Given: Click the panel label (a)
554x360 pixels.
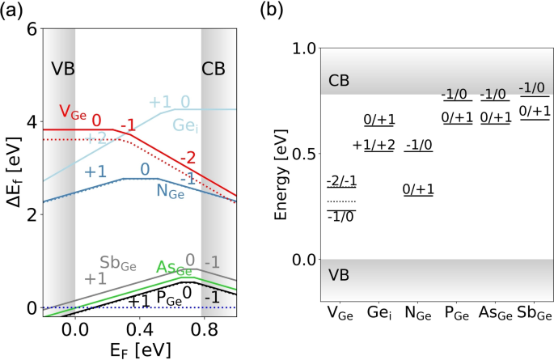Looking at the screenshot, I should point(12,11).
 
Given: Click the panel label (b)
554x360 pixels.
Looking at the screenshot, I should point(294,11).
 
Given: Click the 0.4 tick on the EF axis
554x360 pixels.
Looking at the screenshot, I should point(137,329).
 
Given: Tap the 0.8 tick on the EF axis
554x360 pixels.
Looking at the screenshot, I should point(201,329).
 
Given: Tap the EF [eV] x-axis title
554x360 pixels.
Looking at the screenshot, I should point(137,349).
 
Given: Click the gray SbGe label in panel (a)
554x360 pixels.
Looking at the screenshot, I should point(117,264).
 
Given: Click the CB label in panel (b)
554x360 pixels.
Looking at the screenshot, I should point(339,81).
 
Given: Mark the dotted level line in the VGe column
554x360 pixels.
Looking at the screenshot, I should point(340,201).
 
